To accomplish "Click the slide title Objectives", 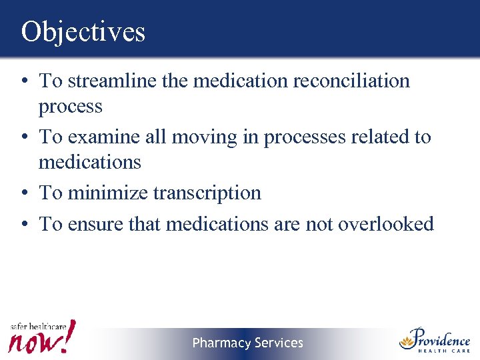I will [x=83, y=31].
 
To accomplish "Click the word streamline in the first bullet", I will [x=108, y=81].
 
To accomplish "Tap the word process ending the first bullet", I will [x=70, y=107].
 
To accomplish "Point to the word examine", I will [x=98, y=137].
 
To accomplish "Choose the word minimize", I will [x=109, y=193].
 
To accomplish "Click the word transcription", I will [x=207, y=193].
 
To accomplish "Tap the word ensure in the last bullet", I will [x=95, y=223].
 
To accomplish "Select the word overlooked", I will [x=386, y=223].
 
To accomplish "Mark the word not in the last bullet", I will [x=319, y=223].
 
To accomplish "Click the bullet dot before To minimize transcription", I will [x=24, y=193].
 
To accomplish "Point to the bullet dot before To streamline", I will [x=24, y=81].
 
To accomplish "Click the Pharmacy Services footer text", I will [x=247, y=343].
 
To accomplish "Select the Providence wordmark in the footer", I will [x=443, y=337].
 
